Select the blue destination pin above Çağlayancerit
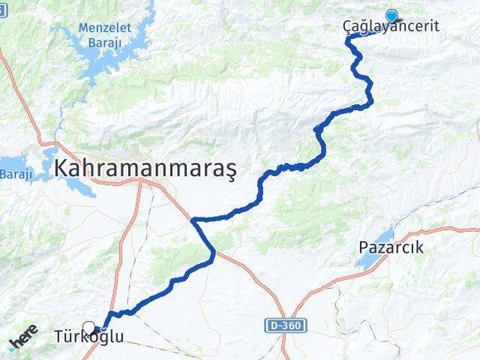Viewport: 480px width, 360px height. pyautogui.click(x=391, y=15)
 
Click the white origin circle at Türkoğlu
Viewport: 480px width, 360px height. pyautogui.click(x=90, y=327)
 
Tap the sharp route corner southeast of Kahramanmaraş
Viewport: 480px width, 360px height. pyautogui.click(x=193, y=220)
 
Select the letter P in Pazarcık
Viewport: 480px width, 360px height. pyautogui.click(x=364, y=247)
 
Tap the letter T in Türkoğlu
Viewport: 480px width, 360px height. pyautogui.click(x=59, y=337)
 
